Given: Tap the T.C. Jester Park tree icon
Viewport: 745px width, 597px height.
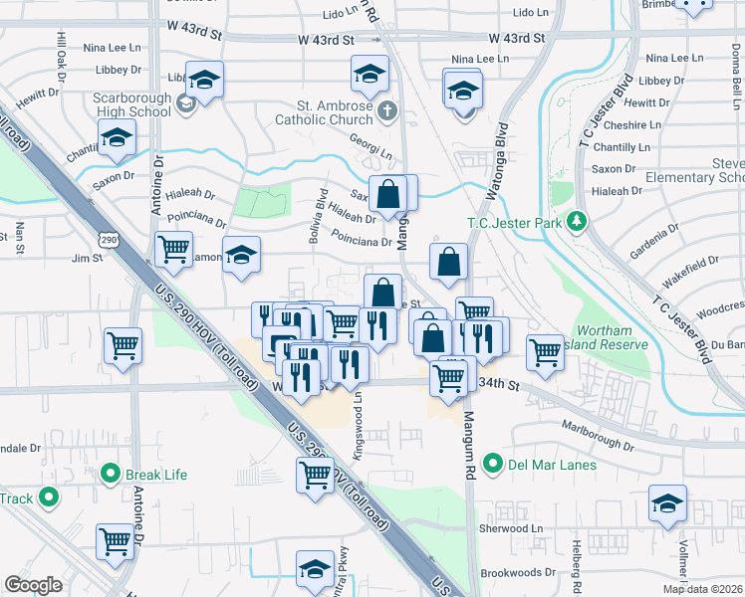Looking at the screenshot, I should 576,221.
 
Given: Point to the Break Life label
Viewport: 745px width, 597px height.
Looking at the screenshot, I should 155,475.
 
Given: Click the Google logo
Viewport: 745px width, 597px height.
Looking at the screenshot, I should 33,585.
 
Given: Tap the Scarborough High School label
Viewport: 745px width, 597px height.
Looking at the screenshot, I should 131,104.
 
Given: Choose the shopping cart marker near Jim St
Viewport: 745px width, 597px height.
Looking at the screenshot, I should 173,249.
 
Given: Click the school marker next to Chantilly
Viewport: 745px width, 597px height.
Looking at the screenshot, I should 117,140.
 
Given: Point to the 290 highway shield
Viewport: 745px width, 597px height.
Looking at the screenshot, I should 109,240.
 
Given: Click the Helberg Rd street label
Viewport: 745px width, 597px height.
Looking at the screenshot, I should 576,551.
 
